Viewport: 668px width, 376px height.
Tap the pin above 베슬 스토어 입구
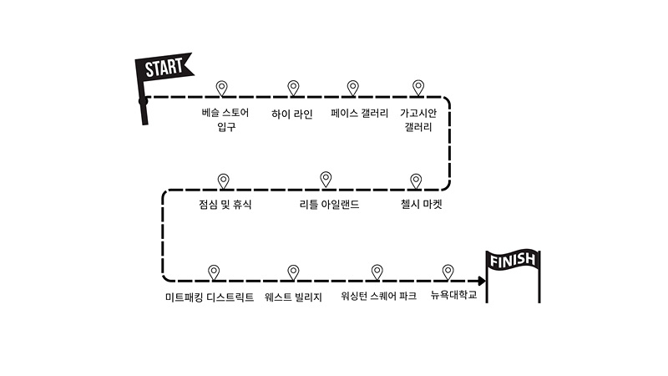(x=222, y=88)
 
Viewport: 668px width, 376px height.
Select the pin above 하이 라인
(x=293, y=88)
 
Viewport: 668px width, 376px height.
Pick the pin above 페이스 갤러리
(x=353, y=88)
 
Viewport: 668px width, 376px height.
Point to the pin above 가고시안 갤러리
(x=419, y=88)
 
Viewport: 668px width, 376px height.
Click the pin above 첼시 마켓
(x=416, y=180)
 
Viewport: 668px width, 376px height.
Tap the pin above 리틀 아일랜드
(x=326, y=179)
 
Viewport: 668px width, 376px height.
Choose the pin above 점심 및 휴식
(x=223, y=180)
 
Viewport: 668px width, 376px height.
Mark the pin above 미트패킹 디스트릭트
(x=214, y=272)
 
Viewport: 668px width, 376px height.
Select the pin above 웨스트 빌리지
(x=293, y=272)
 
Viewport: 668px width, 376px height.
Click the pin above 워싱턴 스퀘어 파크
(x=377, y=272)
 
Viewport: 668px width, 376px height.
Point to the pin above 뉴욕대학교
(x=448, y=272)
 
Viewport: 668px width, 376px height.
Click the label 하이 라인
(x=292, y=114)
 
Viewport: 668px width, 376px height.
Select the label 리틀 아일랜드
(x=329, y=204)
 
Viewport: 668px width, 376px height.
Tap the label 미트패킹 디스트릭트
(x=209, y=296)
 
